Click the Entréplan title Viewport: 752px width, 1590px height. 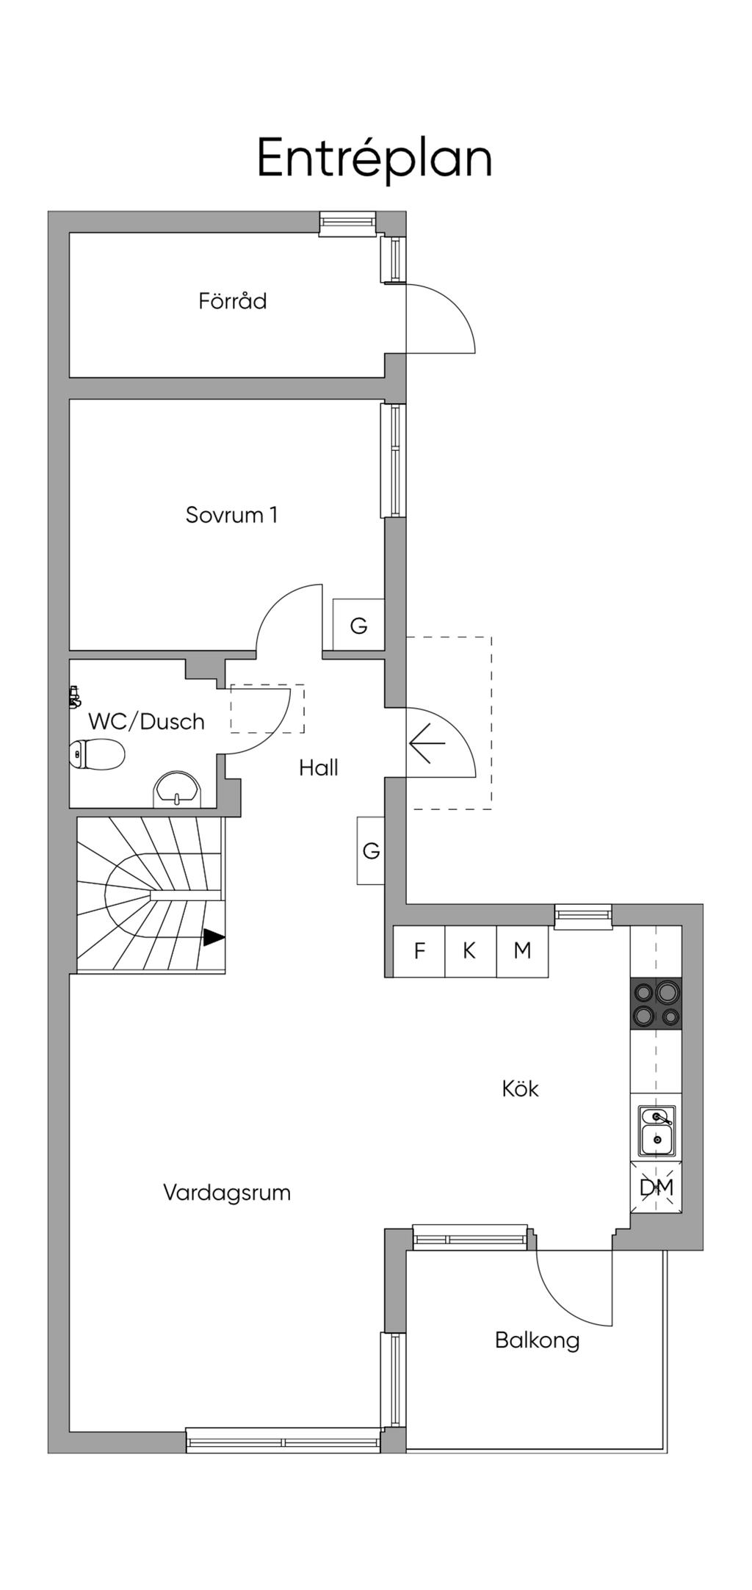[375, 159]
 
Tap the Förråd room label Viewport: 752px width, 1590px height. [232, 301]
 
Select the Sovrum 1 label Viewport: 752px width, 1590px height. [231, 515]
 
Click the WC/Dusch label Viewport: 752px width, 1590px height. [146, 722]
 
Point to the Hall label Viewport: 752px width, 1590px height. [319, 768]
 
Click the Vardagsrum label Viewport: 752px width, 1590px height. [227, 1192]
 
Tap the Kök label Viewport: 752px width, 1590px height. [520, 1088]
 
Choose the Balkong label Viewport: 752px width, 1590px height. [537, 1340]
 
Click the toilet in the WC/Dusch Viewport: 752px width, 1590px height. [97, 754]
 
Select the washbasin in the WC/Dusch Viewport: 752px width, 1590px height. [177, 789]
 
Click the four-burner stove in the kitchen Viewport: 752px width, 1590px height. [656, 1002]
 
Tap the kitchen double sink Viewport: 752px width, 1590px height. [657, 1131]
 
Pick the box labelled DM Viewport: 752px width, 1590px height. [656, 1187]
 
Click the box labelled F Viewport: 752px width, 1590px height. [419, 951]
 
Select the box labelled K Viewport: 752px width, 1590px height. [471, 951]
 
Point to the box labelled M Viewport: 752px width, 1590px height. [522, 951]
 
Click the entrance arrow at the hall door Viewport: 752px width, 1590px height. [427, 743]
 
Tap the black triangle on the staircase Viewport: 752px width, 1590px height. [214, 938]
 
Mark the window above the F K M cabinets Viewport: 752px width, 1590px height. [583, 916]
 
